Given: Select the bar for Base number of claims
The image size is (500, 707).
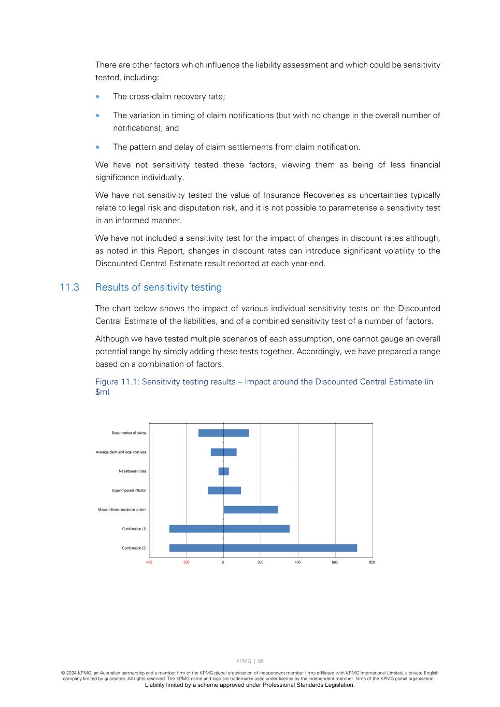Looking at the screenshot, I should coord(223,433).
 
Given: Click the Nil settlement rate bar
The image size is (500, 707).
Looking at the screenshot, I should coord(223,471).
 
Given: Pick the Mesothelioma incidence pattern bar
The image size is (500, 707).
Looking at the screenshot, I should coord(250,510).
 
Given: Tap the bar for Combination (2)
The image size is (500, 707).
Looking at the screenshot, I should coord(263,548).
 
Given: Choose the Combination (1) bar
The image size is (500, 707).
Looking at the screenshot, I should coord(229,529).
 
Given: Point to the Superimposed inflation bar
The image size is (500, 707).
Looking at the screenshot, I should coord(224,490).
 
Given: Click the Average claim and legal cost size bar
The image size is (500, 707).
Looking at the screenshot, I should coord(223,452).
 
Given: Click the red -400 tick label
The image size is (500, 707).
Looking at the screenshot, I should coord(149,562).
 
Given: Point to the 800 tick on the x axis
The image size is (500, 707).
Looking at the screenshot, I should coord(372,562).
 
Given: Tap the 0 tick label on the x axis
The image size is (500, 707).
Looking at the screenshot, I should coord(223,562).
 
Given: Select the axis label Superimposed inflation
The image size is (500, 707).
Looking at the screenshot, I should coord(129,490).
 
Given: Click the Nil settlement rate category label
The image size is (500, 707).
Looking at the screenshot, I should coord(132,471).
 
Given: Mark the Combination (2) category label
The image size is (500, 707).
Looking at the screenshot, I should coord(134,548).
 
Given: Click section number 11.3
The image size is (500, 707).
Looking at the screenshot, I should coord(69,287).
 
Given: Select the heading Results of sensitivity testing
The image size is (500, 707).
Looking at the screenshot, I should coord(159,287).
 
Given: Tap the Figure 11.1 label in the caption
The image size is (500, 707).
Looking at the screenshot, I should coord(117,382).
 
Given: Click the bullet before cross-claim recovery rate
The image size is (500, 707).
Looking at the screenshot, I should coord(97,96).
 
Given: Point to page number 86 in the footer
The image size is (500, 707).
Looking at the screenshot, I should coord(261,661).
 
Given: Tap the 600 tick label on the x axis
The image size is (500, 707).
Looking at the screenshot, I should coord(335,562).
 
